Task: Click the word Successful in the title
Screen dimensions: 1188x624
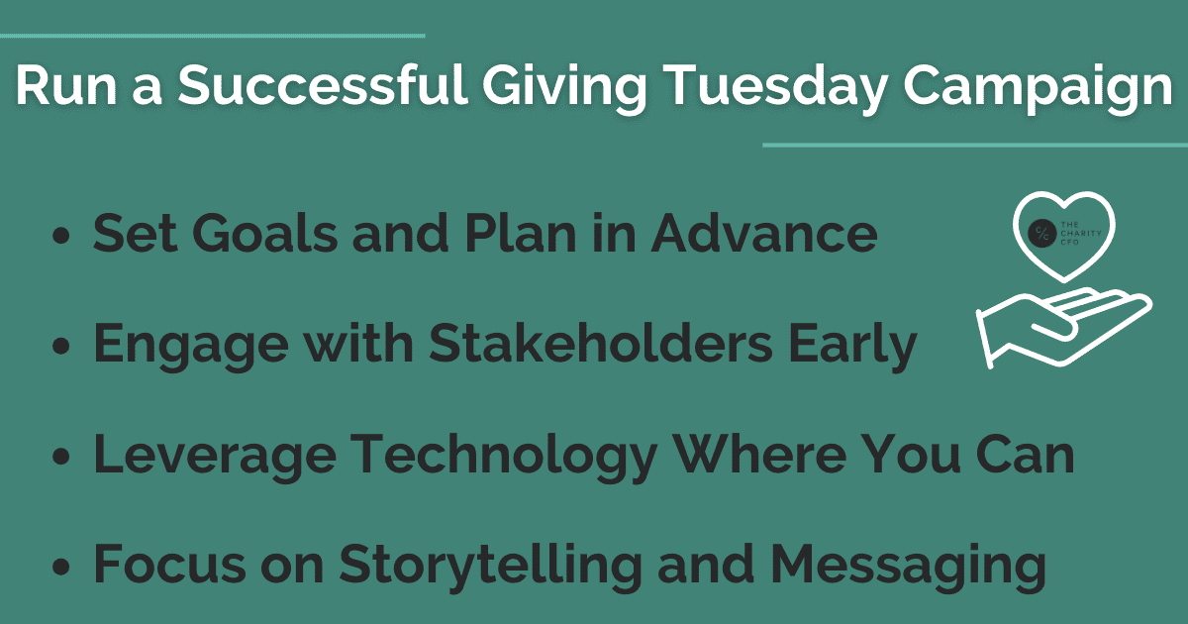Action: (323, 85)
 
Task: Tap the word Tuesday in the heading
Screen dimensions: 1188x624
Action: (775, 88)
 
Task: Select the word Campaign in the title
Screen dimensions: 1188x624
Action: (1038, 88)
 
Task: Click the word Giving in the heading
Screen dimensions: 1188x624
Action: (563, 88)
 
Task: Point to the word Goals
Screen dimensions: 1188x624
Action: (264, 233)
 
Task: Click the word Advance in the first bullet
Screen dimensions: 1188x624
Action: (764, 233)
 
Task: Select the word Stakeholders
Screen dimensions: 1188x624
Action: (600, 343)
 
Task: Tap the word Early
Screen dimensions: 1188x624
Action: (852, 346)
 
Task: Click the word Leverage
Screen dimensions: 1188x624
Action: (215, 457)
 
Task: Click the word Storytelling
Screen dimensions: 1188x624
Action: (491, 567)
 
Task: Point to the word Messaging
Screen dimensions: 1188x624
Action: (909, 567)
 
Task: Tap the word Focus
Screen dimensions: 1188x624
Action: (169, 563)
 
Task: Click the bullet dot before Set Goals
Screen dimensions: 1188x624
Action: (61, 236)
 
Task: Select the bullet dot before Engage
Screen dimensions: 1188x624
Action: (61, 346)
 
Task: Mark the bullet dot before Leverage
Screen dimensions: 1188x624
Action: (61, 457)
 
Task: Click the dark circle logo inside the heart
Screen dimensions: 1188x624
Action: (1042, 234)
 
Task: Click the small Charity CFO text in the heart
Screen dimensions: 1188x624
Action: (1081, 234)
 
